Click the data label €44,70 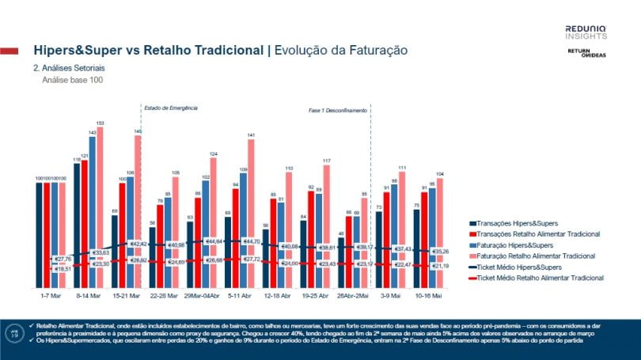[x=252, y=241]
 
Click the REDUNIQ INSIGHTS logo [x=586, y=32]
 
